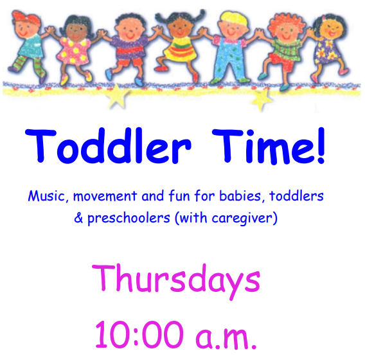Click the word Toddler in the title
(x=108, y=145)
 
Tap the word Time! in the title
(x=269, y=146)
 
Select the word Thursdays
(x=176, y=281)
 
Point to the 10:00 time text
(x=138, y=334)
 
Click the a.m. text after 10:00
(x=226, y=337)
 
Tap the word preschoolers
(x=129, y=219)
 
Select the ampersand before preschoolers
(x=78, y=218)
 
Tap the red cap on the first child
(x=26, y=17)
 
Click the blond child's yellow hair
(x=233, y=18)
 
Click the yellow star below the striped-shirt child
(x=117, y=96)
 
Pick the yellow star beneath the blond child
(x=262, y=99)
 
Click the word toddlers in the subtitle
(x=296, y=196)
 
